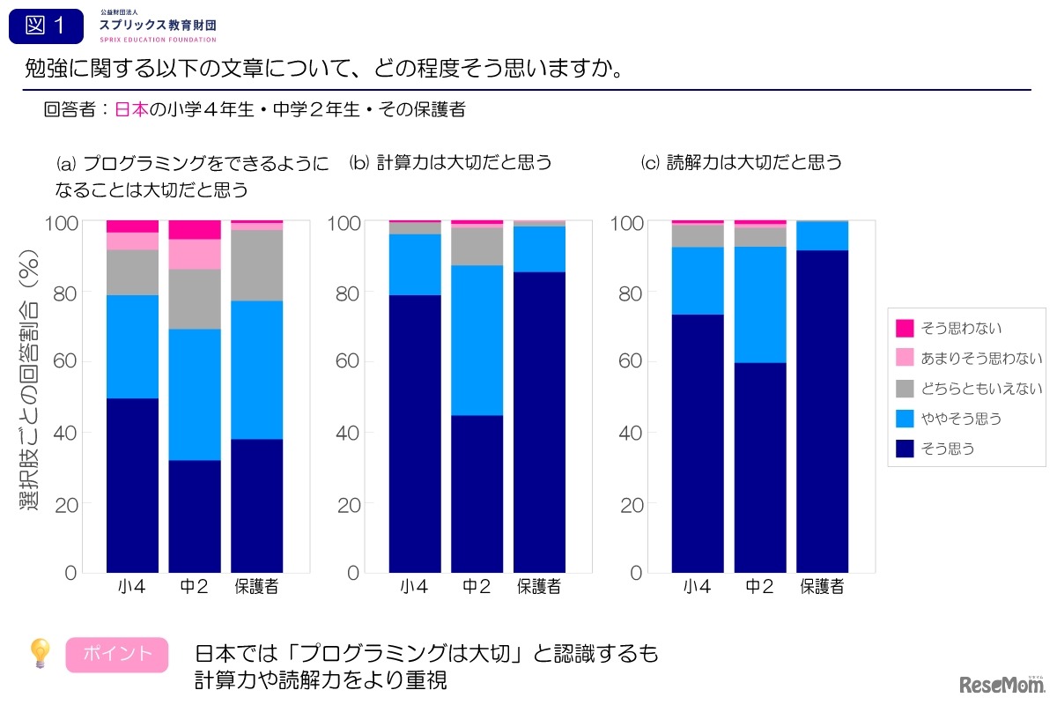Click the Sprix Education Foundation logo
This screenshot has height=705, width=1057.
click(x=158, y=26)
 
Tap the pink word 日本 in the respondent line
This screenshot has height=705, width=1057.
click(x=131, y=110)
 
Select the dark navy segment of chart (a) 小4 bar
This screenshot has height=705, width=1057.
click(x=132, y=485)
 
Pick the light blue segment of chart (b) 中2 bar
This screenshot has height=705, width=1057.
click(x=477, y=340)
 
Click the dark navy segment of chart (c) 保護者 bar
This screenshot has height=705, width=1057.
click(x=822, y=412)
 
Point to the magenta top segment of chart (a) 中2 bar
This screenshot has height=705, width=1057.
click(x=194, y=229)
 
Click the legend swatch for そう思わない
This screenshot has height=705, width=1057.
click(x=905, y=328)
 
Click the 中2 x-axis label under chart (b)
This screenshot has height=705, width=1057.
click(x=477, y=587)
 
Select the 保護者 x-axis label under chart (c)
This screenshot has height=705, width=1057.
click(x=822, y=587)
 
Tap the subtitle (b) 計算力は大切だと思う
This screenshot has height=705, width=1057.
click(x=450, y=162)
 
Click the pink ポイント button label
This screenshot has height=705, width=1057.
click(x=117, y=654)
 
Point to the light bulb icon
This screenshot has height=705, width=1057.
click(x=40, y=654)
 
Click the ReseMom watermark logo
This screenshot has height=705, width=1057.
click(x=1000, y=683)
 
